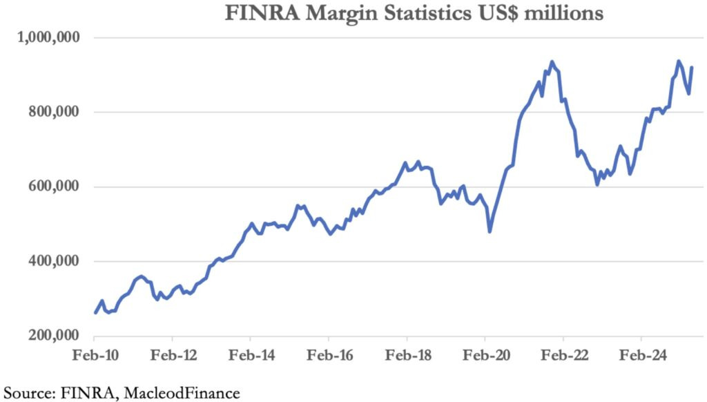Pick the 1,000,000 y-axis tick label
48,37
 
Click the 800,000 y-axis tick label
52,112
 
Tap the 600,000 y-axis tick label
52,186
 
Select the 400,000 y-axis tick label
52,261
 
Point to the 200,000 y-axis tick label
52,336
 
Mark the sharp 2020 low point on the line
490,231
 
